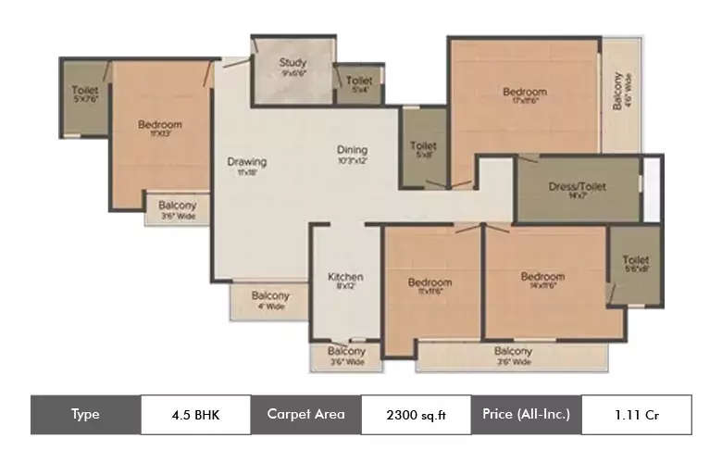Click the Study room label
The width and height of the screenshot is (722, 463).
pyautogui.click(x=293, y=63)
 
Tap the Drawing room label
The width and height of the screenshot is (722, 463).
pyautogui.click(x=246, y=161)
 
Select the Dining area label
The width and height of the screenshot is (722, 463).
pyautogui.click(x=352, y=149)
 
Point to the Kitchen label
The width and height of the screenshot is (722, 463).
pyautogui.click(x=345, y=276)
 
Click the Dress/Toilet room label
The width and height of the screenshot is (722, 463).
pyautogui.click(x=577, y=186)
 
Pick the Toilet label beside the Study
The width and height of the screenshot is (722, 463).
pyautogui.click(x=359, y=81)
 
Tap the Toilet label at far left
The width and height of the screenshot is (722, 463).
pyautogui.click(x=84, y=90)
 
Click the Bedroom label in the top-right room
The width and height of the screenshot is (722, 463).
pyautogui.click(x=525, y=92)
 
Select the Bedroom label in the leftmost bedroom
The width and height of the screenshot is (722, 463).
pyautogui.click(x=160, y=124)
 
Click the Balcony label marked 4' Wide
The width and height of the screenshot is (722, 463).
pyautogui.click(x=270, y=295)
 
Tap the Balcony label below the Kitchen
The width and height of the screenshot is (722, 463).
pyautogui.click(x=347, y=352)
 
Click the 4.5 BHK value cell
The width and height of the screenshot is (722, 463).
pyautogui.click(x=195, y=414)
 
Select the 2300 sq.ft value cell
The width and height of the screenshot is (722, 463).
pyautogui.click(x=416, y=415)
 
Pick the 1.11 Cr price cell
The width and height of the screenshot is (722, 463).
pyautogui.click(x=636, y=414)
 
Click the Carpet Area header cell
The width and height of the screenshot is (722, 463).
pyautogui.click(x=305, y=414)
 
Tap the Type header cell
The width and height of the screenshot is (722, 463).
pyautogui.click(x=85, y=414)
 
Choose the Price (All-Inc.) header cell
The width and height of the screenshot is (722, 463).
pyautogui.click(x=526, y=414)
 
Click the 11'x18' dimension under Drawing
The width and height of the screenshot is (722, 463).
pyautogui.click(x=246, y=172)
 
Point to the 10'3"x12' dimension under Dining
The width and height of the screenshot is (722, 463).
pyautogui.click(x=352, y=160)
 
